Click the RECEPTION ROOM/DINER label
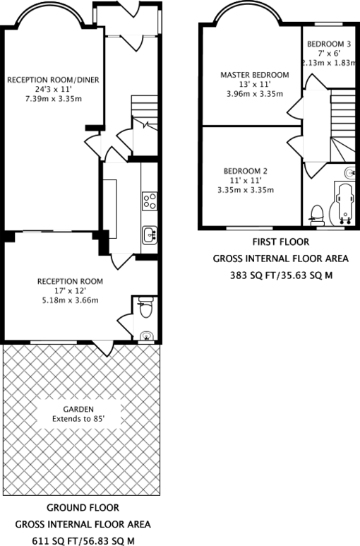pyautogui.click(x=53, y=80)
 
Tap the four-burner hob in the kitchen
pyautogui.click(x=149, y=201)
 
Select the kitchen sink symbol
pyautogui.click(x=149, y=234)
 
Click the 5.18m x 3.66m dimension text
pyautogui.click(x=70, y=300)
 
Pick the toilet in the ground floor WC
pyautogui.click(x=145, y=308)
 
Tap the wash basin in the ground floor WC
pyautogui.click(x=146, y=335)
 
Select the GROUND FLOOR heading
pyautogui.click(x=82, y=508)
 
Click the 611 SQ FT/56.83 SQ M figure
pyautogui.click(x=82, y=540)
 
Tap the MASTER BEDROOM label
pyautogui.click(x=254, y=75)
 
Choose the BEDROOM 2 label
pyautogui.click(x=246, y=171)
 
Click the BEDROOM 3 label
pyautogui.click(x=324, y=44)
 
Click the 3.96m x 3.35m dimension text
pyautogui.click(x=254, y=94)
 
